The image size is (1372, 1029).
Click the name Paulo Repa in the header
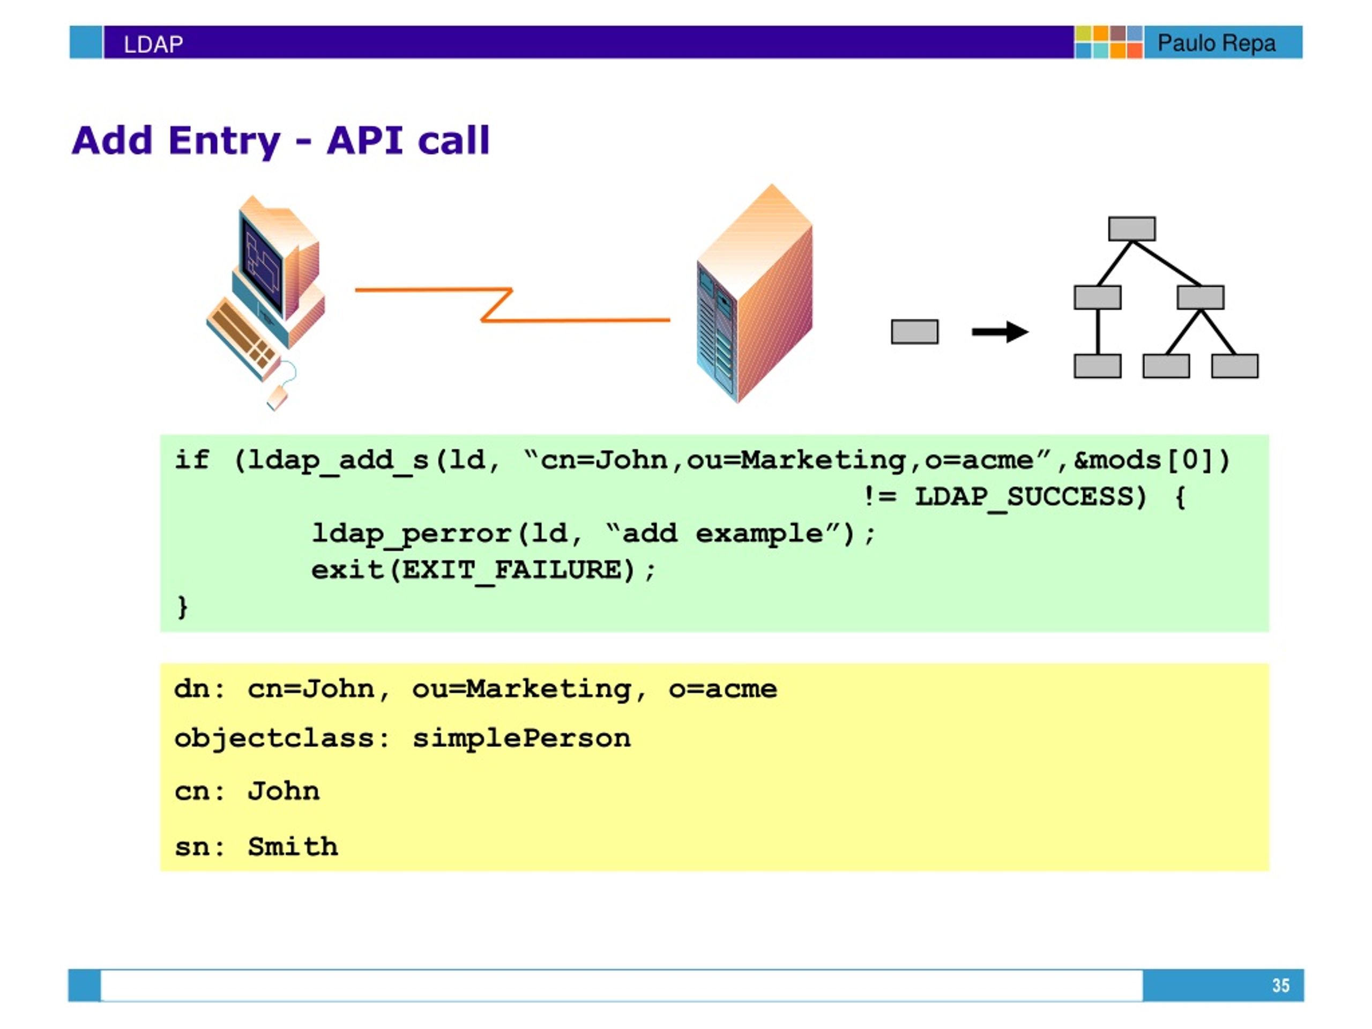tap(1217, 43)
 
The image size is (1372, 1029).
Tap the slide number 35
tap(1280, 985)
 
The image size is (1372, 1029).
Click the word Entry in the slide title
tap(225, 141)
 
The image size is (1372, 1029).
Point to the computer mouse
tap(277, 397)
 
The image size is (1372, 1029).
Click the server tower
tap(754, 293)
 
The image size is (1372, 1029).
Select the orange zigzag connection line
tap(512, 304)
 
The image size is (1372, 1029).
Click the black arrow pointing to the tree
tap(1000, 332)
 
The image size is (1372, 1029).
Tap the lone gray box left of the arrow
tap(914, 332)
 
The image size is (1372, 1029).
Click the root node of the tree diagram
tap(1132, 229)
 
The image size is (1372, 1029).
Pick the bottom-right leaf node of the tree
tap(1235, 366)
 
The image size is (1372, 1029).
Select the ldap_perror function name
tap(411, 534)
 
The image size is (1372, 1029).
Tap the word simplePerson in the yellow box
tap(521, 739)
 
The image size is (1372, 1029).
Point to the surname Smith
tap(293, 847)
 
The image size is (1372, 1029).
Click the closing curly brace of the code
tap(182, 607)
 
